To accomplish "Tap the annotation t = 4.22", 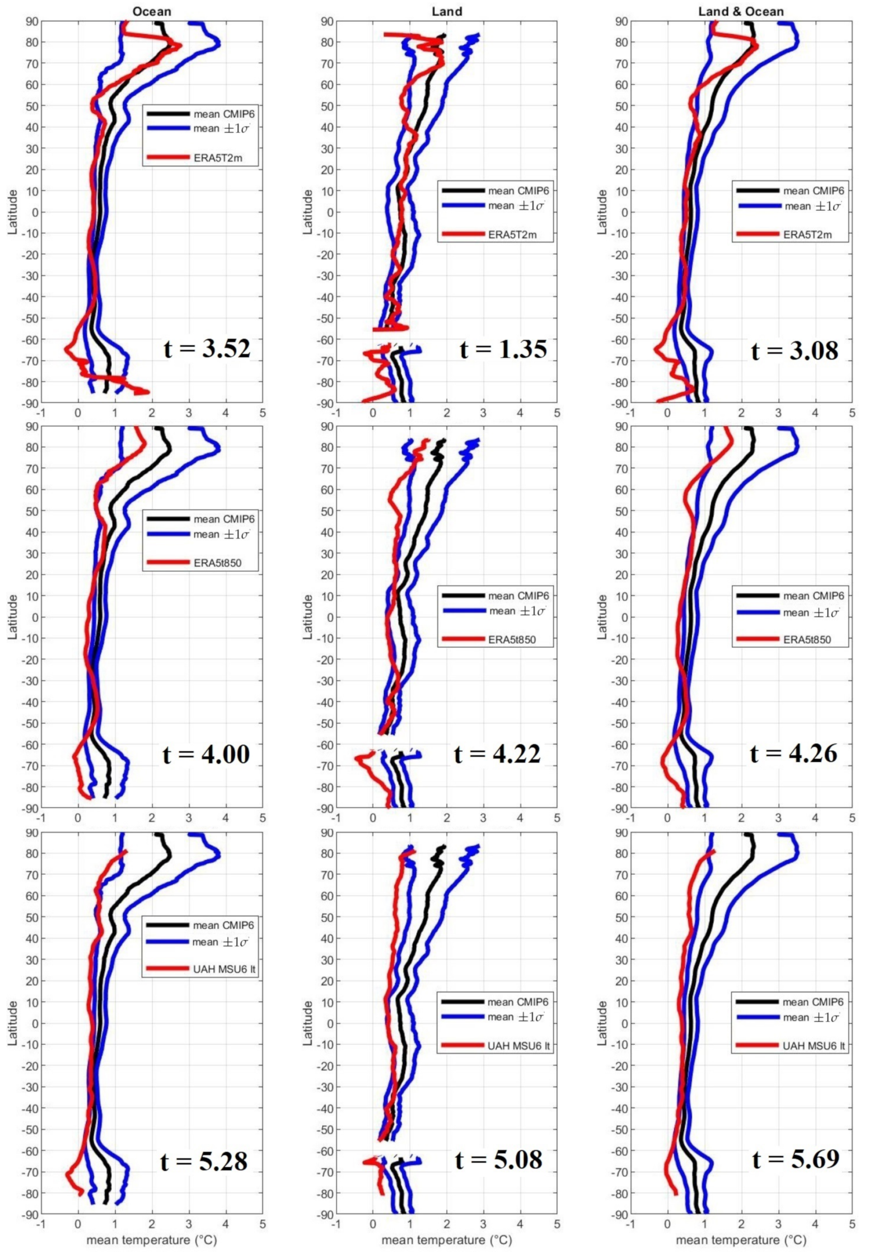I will pyautogui.click(x=498, y=754).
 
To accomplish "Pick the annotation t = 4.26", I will pyautogui.click(x=794, y=754).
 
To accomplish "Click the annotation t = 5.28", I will pyautogui.click(x=204, y=1161).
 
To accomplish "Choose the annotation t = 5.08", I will pyautogui.click(x=499, y=1160).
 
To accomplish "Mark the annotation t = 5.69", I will pyautogui.click(x=796, y=1160).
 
